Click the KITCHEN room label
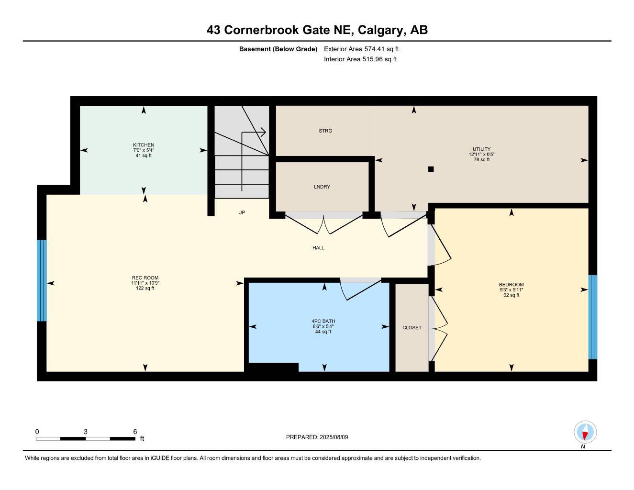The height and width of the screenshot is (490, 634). point(144,145)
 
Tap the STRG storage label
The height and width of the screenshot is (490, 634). point(325,131)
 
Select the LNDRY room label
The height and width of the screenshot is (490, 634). point(322,187)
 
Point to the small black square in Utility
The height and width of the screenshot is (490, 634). point(431,169)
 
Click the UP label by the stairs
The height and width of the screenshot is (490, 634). point(242,212)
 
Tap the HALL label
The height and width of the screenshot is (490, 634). point(318,248)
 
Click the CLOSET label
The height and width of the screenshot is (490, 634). point(412,328)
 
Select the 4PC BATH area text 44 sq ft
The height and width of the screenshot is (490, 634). point(323,332)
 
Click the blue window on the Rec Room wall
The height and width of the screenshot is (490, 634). point(42,280)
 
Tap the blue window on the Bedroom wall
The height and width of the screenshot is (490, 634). point(592,317)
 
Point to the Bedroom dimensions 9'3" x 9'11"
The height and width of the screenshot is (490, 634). point(511,290)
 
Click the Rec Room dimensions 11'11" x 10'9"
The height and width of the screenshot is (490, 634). point(145,283)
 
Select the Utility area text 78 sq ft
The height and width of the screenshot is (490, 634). point(481,160)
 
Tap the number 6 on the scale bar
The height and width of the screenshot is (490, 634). point(135,431)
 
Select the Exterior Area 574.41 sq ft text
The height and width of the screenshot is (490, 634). point(361,49)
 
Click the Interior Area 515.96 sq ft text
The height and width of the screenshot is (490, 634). point(360,59)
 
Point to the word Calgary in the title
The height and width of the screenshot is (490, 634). point(380,30)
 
